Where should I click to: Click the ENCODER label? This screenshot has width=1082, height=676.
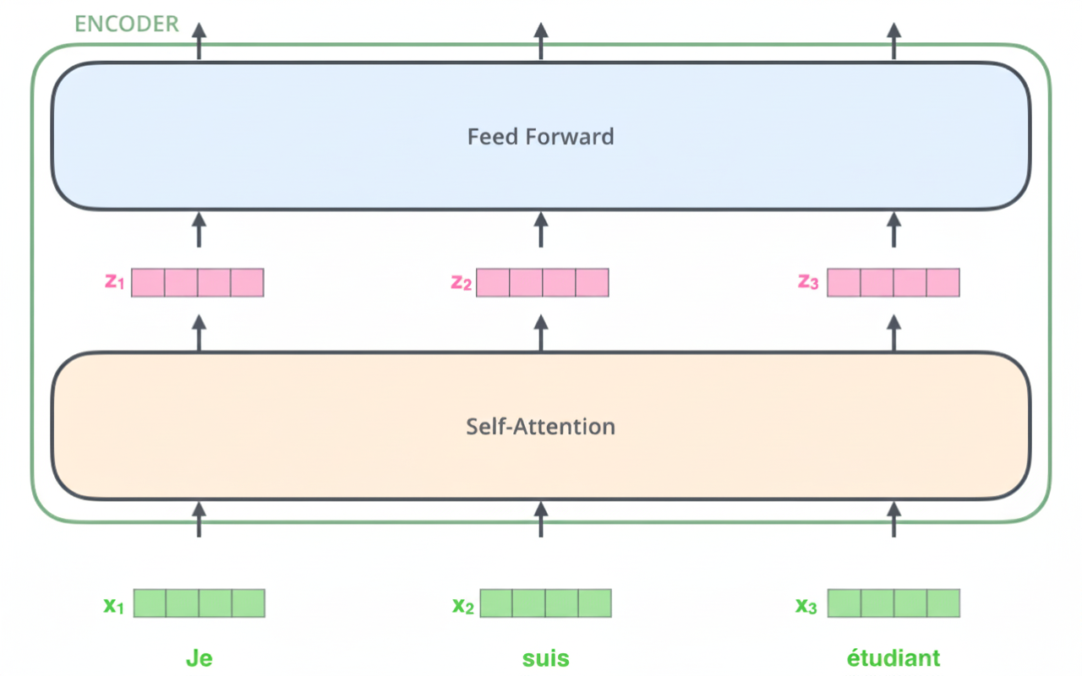(x=127, y=24)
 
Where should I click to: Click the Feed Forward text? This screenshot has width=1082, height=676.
(x=541, y=136)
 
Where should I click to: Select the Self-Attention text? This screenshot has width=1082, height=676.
(x=541, y=426)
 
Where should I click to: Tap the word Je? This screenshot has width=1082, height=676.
(x=199, y=658)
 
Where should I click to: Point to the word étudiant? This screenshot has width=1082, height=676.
(x=893, y=658)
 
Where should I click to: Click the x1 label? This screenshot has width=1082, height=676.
(x=113, y=605)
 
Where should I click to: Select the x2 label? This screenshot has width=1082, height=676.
(x=462, y=605)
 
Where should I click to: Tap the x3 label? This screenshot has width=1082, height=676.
(x=806, y=605)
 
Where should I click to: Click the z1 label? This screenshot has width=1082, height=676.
(x=115, y=282)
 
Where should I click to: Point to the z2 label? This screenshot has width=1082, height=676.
(x=461, y=282)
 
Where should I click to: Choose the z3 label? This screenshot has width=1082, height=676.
(x=808, y=282)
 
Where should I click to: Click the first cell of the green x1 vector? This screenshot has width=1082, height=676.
(x=150, y=603)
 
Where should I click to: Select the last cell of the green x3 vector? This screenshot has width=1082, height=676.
(x=943, y=603)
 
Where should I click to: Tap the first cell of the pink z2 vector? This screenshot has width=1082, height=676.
(x=493, y=282)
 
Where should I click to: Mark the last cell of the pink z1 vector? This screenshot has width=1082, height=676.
(x=248, y=282)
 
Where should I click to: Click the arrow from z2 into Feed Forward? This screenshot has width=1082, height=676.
(x=541, y=230)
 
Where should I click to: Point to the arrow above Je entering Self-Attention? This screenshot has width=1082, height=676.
(x=199, y=519)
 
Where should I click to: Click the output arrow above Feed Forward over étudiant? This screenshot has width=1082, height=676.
(x=894, y=41)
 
